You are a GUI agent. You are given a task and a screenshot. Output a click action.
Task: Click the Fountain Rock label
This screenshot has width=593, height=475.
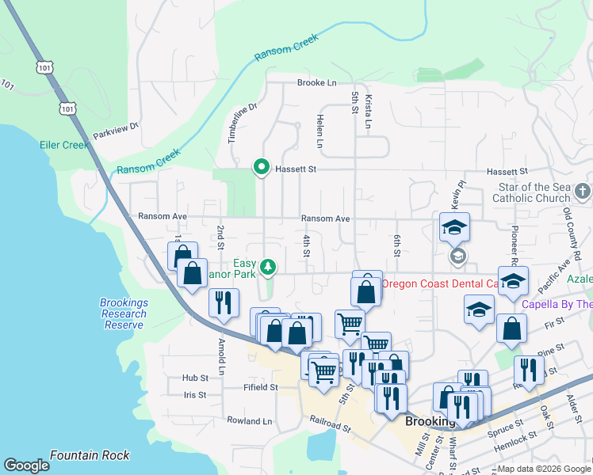coord(89,455)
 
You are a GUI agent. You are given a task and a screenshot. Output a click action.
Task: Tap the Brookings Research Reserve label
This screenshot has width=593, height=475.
coord(123,313)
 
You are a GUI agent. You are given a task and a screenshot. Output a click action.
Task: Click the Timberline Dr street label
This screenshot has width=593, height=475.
coord(233,123)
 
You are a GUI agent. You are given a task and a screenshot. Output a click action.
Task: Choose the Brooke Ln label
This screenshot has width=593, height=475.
coord(317,82)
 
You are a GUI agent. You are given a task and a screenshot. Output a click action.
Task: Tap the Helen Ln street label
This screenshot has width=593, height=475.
coord(320,131)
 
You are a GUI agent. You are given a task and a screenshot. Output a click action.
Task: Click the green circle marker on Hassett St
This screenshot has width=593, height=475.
coord(261,167)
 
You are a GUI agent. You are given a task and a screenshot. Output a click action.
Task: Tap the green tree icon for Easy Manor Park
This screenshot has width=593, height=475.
coord(268,268)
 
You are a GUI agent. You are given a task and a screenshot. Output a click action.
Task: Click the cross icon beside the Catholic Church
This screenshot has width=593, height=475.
coord(583,191)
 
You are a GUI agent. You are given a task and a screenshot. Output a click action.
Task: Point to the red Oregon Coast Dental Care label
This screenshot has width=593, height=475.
coord(439,283)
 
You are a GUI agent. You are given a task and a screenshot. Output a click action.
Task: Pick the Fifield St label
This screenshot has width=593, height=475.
coord(262,388)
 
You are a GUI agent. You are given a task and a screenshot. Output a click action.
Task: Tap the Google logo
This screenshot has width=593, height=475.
coord(26,465)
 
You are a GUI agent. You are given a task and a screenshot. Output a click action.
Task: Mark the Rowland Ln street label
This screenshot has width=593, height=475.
coord(249,421)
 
